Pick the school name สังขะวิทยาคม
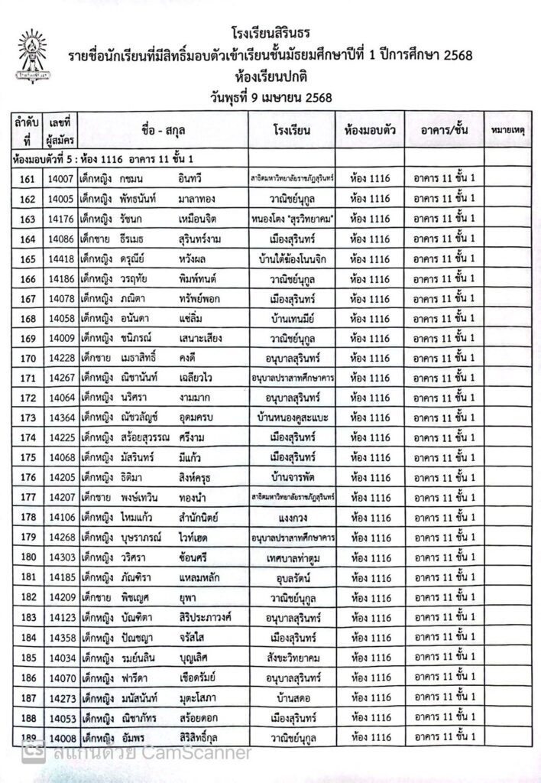[292, 656]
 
